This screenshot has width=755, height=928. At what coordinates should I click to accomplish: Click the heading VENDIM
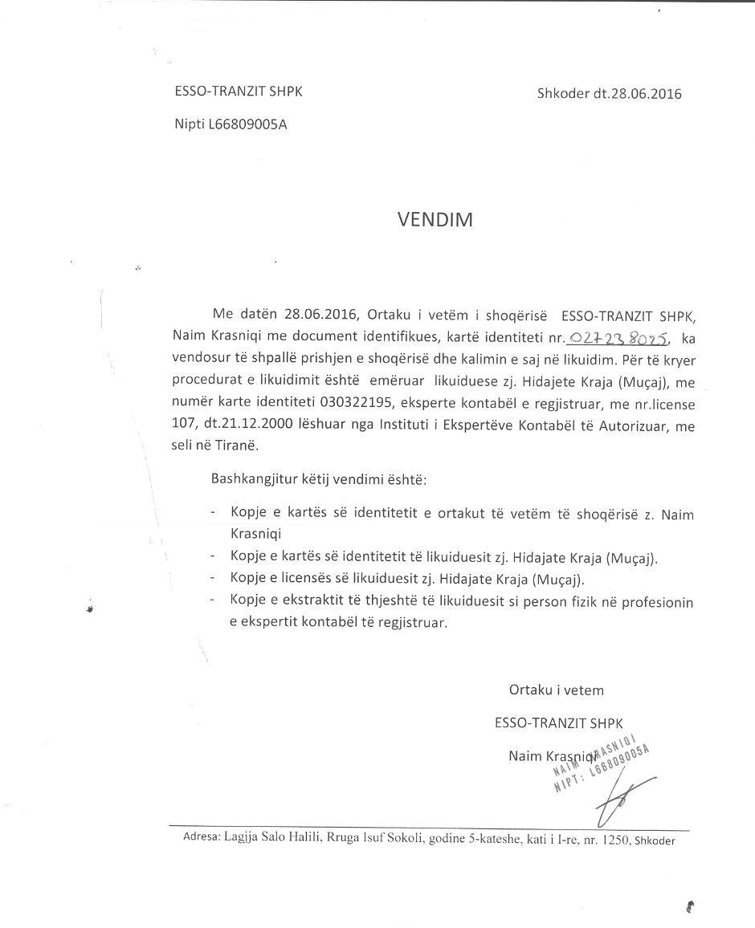point(435,220)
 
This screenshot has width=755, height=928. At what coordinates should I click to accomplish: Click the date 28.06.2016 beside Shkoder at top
point(638,93)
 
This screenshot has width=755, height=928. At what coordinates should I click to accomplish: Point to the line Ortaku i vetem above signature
point(556,690)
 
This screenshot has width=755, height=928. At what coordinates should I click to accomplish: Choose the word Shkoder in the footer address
point(655,840)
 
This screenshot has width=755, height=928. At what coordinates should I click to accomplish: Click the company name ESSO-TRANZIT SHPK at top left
point(239,92)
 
